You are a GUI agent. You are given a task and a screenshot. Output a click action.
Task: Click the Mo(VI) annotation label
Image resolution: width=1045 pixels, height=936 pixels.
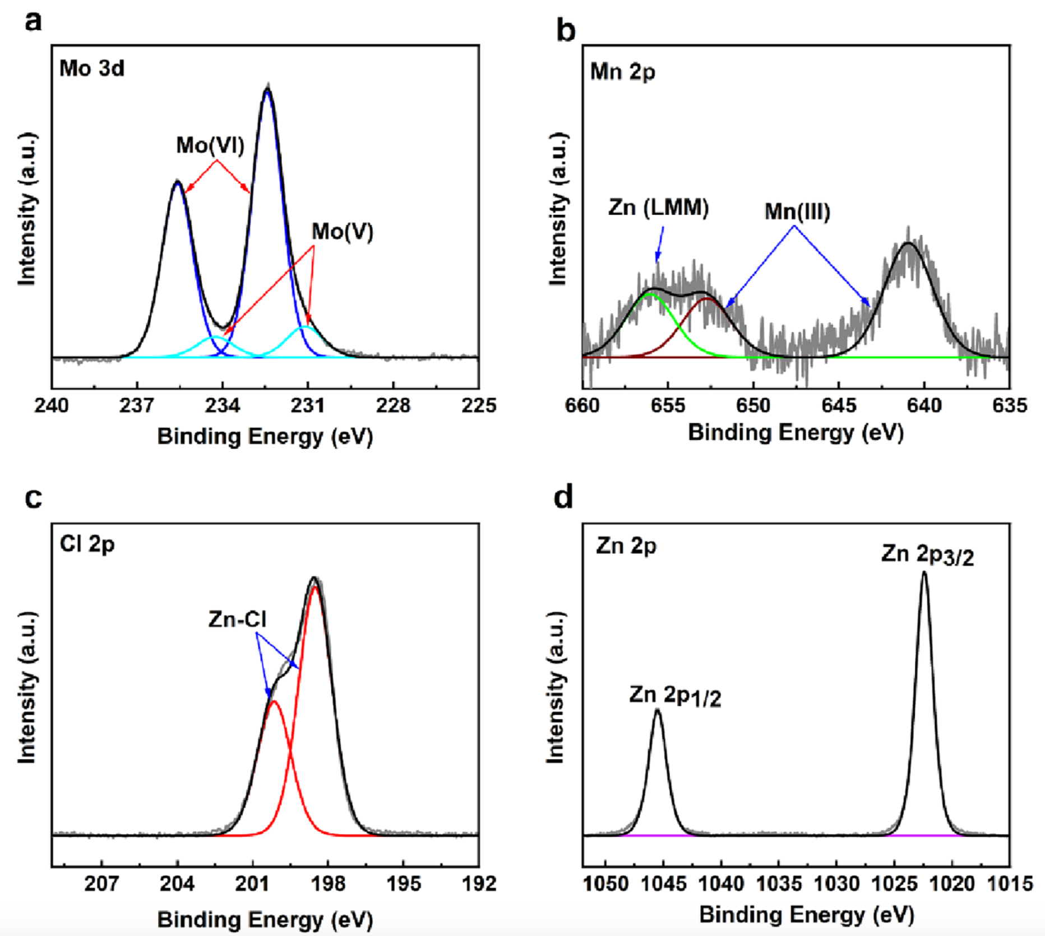tap(210, 145)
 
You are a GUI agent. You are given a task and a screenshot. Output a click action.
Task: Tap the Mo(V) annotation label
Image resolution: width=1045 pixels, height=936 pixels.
tap(342, 231)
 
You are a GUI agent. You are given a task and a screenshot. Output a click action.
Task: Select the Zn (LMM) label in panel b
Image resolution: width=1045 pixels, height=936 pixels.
tap(658, 208)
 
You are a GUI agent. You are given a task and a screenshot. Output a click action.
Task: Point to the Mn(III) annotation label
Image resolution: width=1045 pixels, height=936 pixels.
tap(797, 212)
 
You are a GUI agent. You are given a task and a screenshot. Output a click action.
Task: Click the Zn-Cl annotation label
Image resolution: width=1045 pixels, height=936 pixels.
tap(237, 619)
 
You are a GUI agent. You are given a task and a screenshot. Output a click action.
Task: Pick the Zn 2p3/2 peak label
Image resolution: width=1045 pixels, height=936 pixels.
tap(927, 555)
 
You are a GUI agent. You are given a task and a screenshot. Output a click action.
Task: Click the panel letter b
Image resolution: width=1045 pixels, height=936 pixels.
tap(566, 30)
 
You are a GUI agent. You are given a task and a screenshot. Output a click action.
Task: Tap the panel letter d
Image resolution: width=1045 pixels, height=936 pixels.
tap(563, 498)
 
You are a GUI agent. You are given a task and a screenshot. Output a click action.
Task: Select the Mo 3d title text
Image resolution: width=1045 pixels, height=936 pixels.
tap(92, 68)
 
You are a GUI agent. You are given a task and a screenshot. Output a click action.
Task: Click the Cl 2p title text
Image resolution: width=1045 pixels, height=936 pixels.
tap(87, 544)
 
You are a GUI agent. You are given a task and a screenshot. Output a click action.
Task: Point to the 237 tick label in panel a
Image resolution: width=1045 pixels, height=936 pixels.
tap(137, 405)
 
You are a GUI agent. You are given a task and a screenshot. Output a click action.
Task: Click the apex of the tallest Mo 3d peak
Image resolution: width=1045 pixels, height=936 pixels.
tap(267, 90)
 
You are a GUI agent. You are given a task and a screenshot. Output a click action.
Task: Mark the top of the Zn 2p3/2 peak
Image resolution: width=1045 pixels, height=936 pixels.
tap(924, 573)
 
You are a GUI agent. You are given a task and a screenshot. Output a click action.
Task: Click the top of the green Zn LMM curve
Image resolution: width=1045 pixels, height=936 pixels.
tap(651, 293)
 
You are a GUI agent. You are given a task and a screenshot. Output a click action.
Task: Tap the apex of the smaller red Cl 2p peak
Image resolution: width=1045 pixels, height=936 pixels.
tap(274, 702)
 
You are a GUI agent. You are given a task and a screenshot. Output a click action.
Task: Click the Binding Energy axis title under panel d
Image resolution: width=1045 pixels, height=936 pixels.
tap(807, 915)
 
